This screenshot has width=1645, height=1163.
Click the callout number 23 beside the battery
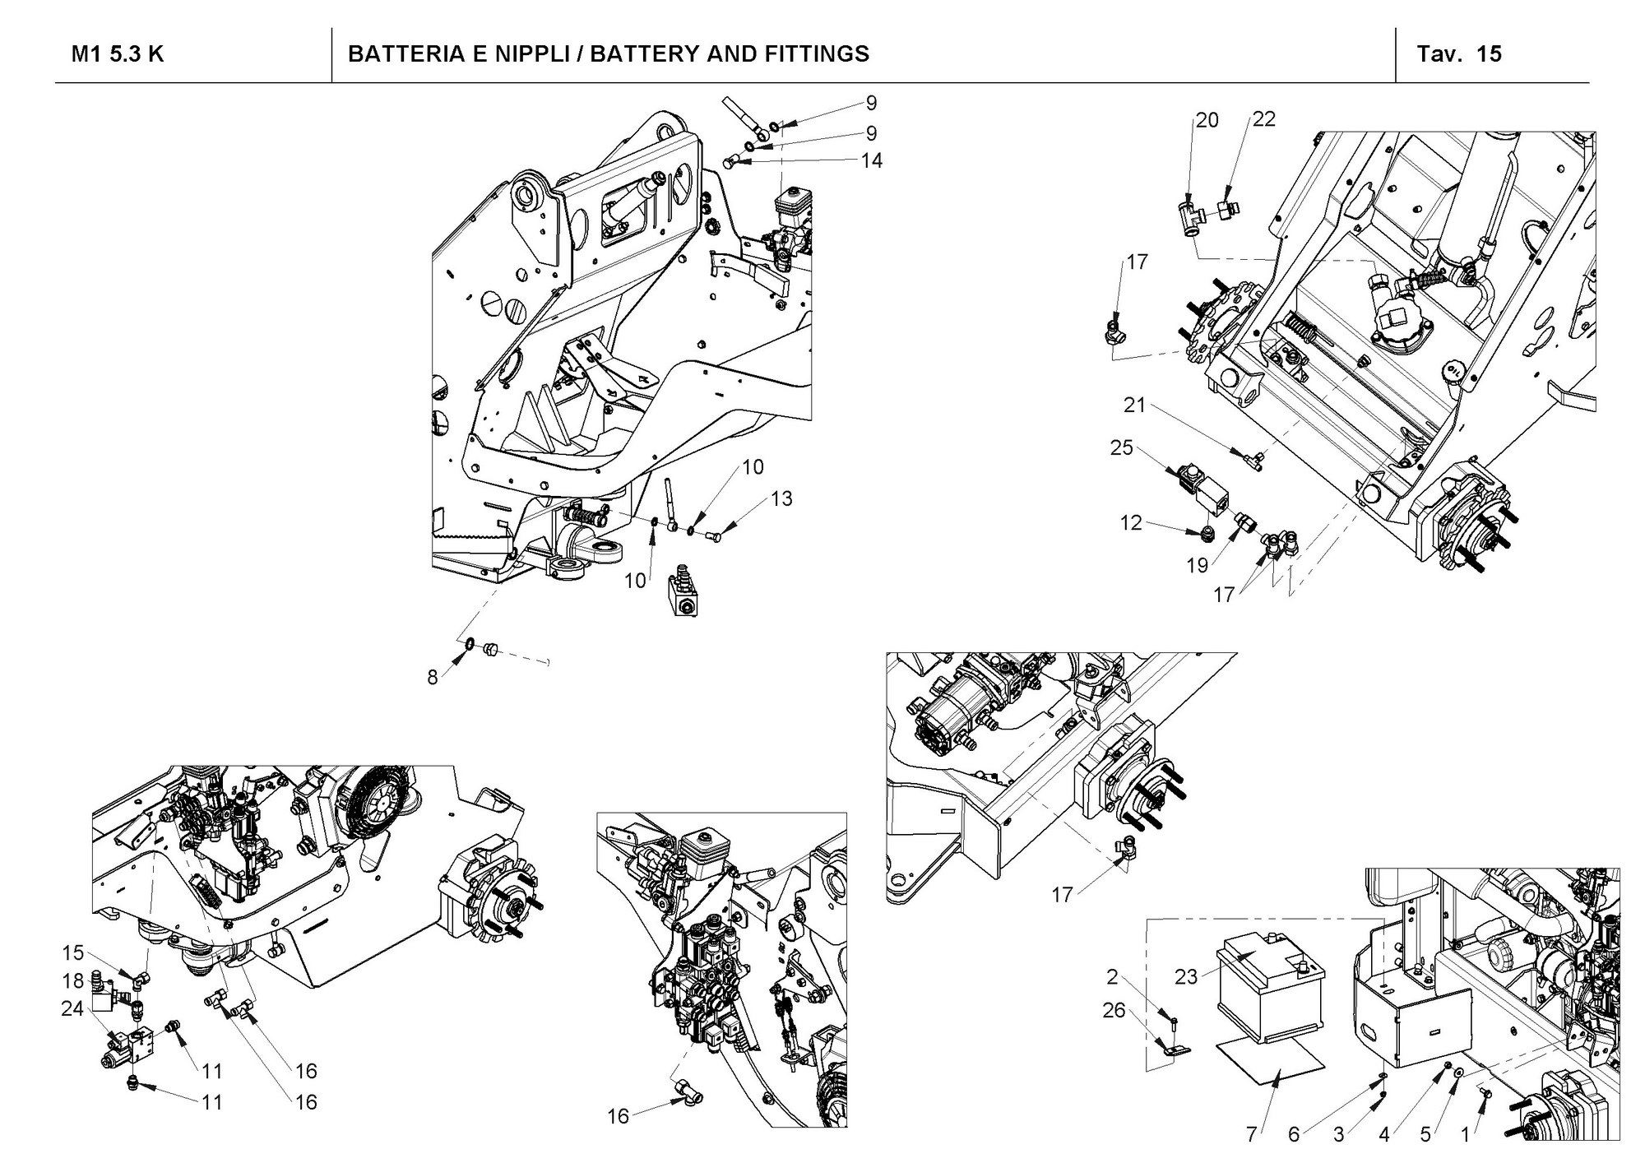click(1185, 976)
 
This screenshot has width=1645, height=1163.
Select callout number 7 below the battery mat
click(1251, 1135)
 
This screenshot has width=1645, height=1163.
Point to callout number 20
click(1207, 120)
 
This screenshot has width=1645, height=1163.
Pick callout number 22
click(1263, 119)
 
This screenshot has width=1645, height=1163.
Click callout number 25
click(1121, 448)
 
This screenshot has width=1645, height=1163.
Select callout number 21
click(1135, 405)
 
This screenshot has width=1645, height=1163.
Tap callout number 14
click(871, 160)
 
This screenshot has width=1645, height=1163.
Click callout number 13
click(781, 498)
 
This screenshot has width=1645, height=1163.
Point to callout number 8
click(433, 679)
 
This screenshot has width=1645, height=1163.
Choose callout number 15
click(73, 952)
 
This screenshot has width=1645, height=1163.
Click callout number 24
click(73, 1008)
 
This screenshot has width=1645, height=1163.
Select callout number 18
click(73, 980)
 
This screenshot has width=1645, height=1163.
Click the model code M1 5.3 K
click(118, 54)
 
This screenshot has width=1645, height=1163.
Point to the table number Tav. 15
click(1459, 54)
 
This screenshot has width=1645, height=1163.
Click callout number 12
click(1131, 522)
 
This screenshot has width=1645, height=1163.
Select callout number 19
click(1197, 565)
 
